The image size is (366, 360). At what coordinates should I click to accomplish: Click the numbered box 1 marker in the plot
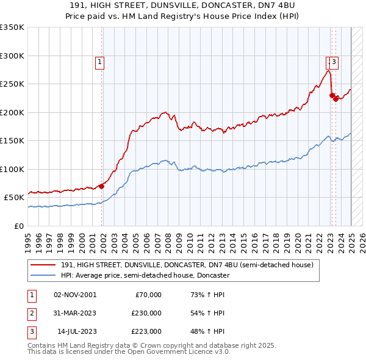99,61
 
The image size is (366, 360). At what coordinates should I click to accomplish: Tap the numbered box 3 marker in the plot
335,61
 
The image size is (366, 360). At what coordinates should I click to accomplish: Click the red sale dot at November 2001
102,186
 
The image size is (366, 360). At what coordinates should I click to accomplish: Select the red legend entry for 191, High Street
187,265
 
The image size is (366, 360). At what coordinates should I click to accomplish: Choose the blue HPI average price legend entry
145,275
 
